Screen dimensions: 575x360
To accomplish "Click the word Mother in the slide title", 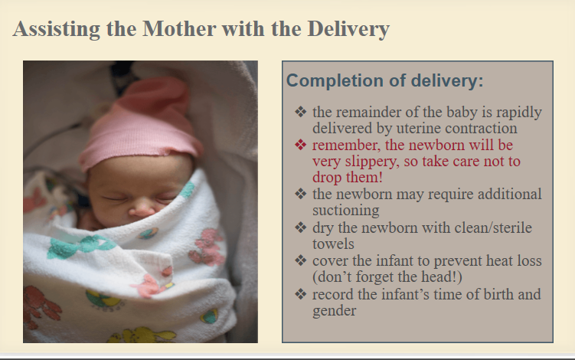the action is tap(179, 28).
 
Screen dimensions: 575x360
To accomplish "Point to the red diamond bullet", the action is tap(300, 145).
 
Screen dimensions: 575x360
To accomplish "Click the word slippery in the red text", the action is tap(374, 162).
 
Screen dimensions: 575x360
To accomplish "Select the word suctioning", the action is tap(346, 211).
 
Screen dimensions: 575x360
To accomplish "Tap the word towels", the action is tap(333, 244).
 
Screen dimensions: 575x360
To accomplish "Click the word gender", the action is tap(334, 311).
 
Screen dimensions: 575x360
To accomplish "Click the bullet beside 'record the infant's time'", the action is tap(300, 294).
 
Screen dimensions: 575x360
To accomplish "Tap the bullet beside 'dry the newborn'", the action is tap(300, 227).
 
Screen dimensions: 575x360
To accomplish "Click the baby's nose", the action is tap(142, 211).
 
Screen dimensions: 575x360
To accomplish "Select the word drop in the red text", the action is tap(327, 178).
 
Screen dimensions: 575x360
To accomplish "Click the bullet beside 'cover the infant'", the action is tap(300, 260).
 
